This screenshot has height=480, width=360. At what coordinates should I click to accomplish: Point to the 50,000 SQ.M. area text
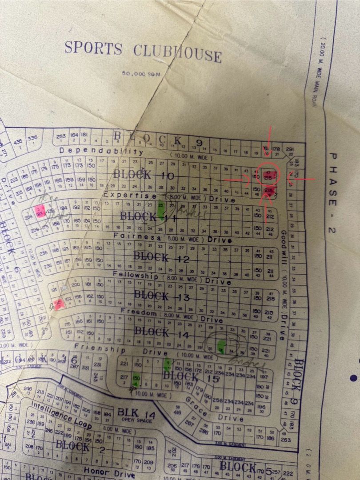[x=142, y=74]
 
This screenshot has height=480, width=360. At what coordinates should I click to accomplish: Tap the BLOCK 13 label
[x=162, y=296]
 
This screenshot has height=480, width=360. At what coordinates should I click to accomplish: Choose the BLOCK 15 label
[x=191, y=377]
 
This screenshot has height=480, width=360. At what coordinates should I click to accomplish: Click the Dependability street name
[x=101, y=151]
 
